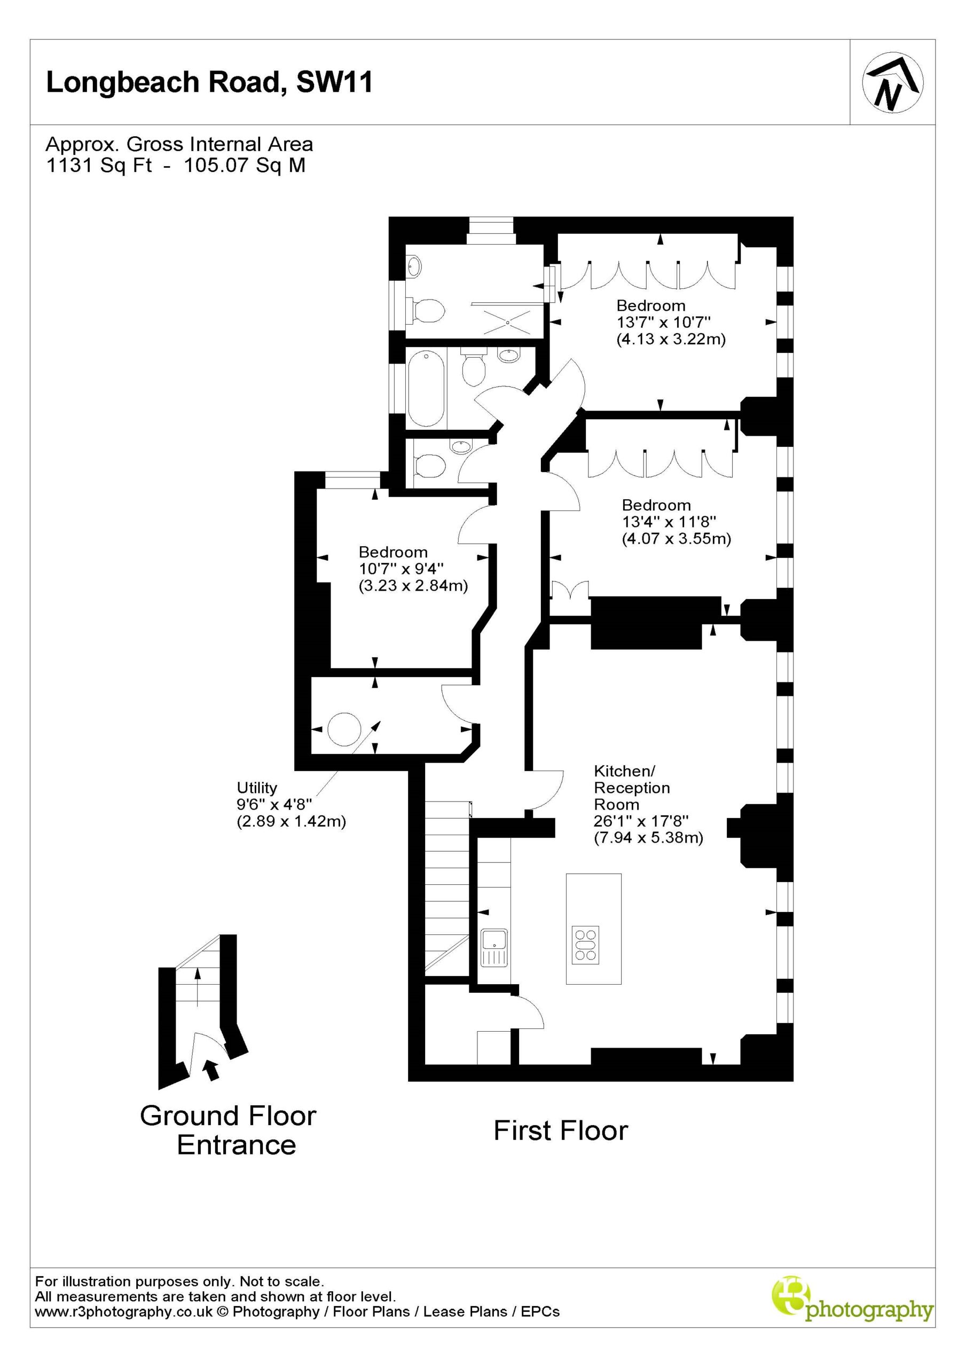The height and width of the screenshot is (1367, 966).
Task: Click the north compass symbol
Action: click(x=893, y=83)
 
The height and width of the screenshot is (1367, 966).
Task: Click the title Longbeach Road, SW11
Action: click(x=210, y=82)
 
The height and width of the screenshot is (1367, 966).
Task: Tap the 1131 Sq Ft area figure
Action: click(x=99, y=165)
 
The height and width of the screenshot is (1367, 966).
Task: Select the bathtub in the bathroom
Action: click(x=427, y=387)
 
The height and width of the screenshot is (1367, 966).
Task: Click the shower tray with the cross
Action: click(x=508, y=321)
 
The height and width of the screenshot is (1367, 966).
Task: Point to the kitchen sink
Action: click(x=494, y=947)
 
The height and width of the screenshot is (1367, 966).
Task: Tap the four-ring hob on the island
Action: click(x=585, y=945)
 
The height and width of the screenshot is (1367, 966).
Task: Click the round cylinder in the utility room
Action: click(x=344, y=730)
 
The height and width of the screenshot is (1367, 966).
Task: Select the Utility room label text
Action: click(x=257, y=788)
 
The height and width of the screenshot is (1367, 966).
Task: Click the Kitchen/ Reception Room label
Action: click(x=632, y=787)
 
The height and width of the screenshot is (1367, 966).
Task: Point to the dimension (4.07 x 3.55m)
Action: click(x=677, y=539)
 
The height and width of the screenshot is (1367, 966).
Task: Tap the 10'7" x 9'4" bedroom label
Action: click(x=402, y=569)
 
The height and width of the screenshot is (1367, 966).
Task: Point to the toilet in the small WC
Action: click(x=428, y=465)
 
